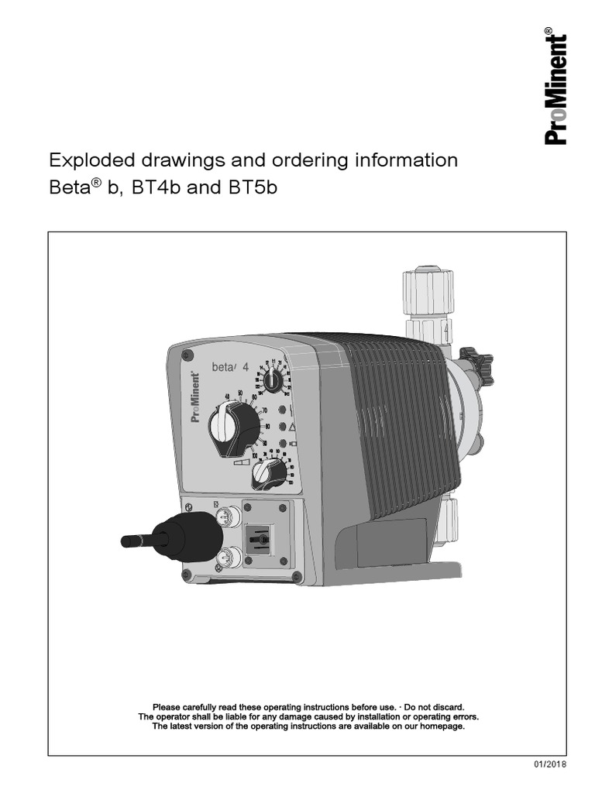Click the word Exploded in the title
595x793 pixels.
[86, 161]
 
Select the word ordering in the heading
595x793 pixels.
[294, 162]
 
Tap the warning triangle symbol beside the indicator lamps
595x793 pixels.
[292, 427]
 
